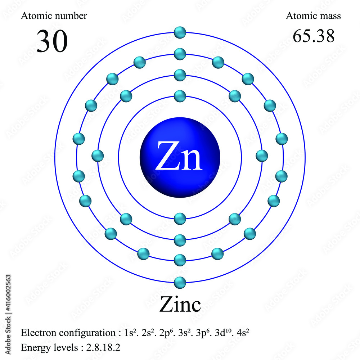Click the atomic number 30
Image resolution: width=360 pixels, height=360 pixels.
52,41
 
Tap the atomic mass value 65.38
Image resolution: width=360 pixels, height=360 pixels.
314,36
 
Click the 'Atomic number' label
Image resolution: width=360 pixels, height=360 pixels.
54,16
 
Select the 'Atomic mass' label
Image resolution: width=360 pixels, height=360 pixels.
313,16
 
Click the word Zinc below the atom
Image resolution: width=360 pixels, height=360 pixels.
180,305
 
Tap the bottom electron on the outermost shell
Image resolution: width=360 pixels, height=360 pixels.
180,283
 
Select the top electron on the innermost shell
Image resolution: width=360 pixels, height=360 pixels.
180,96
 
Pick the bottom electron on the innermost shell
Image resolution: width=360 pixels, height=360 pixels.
180,219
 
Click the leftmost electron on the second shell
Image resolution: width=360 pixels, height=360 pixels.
98,156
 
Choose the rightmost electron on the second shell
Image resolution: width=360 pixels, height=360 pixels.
262,156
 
